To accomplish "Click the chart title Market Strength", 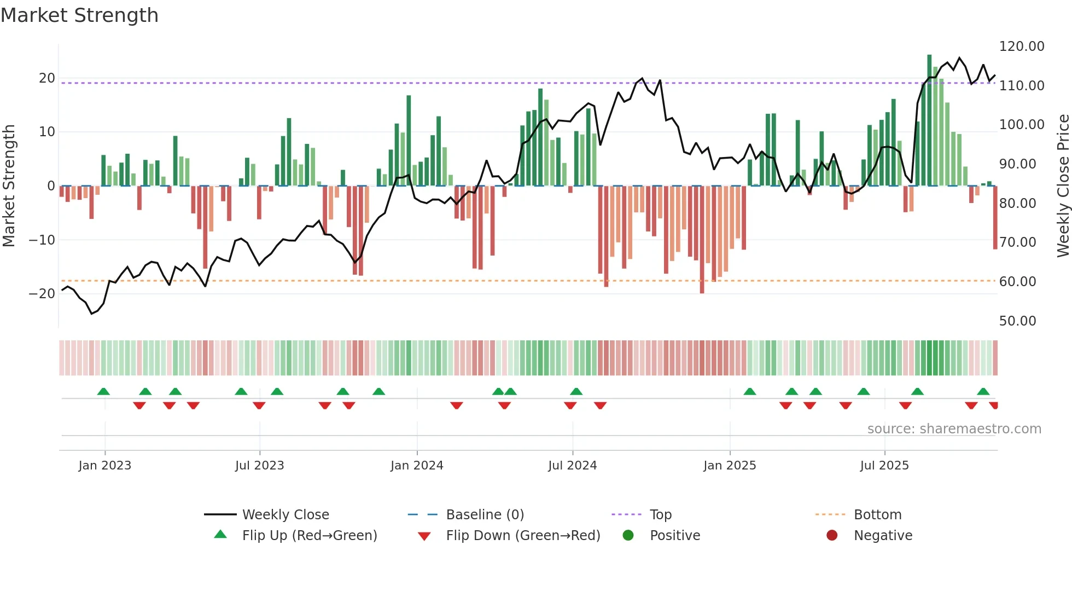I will click(x=80, y=15).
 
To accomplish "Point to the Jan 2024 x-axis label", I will click(x=417, y=466).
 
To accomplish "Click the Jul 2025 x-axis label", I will click(x=884, y=466).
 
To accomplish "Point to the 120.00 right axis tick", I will click(x=1022, y=47).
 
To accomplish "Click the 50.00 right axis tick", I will click(x=1017, y=321).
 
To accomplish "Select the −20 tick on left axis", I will click(x=42, y=294).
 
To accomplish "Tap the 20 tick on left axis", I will click(x=46, y=78).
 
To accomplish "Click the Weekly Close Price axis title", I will click(x=1063, y=186).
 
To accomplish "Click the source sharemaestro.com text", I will click(x=954, y=429).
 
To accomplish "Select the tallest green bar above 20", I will click(x=929, y=120).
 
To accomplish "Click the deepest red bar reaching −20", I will click(x=702, y=241).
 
